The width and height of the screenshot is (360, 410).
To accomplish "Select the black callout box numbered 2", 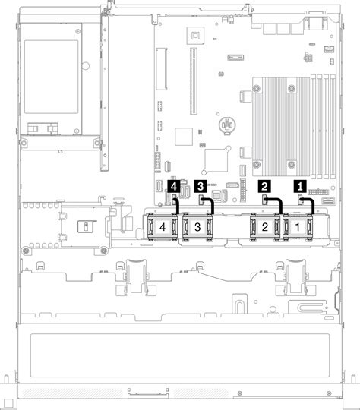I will pos(265,184).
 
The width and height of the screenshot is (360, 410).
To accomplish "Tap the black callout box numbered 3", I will pos(201,184).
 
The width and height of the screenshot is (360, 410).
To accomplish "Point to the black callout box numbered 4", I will pos(175,184).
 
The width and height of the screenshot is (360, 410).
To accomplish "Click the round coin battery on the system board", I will pos(226,124).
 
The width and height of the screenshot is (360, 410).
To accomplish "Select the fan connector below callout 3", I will pos(201,199).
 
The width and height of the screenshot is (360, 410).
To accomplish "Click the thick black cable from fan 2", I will pos(281,207).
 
